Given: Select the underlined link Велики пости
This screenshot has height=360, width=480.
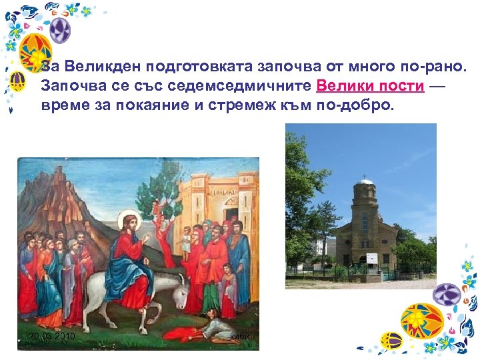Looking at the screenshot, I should point(371,86).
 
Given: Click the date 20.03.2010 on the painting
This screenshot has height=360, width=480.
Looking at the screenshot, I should point(52,337).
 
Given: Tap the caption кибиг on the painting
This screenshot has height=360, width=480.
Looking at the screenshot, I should point(240,337).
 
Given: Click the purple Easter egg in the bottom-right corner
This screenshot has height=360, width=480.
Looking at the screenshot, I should point(448,294).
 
